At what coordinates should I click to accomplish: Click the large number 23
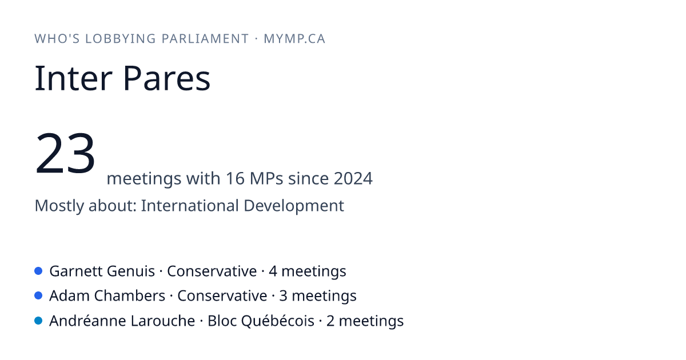65,153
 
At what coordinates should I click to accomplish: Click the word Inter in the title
73,78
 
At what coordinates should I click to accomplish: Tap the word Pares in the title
166,78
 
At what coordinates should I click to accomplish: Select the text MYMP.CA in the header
294,39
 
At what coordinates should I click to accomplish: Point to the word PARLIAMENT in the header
205,39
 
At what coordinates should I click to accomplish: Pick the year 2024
353,178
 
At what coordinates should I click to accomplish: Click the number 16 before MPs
235,178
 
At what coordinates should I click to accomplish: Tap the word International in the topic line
190,205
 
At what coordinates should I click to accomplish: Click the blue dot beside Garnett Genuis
38,271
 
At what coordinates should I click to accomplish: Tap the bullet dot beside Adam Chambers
38,295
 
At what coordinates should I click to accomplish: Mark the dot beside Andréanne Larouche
38,321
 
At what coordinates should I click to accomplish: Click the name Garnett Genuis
102,271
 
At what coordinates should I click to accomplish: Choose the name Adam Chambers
107,296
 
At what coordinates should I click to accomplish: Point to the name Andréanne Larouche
122,321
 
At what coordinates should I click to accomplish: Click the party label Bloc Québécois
261,321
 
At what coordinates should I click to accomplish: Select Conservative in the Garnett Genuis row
212,271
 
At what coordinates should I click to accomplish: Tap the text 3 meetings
318,296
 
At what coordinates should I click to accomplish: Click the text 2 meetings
365,321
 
